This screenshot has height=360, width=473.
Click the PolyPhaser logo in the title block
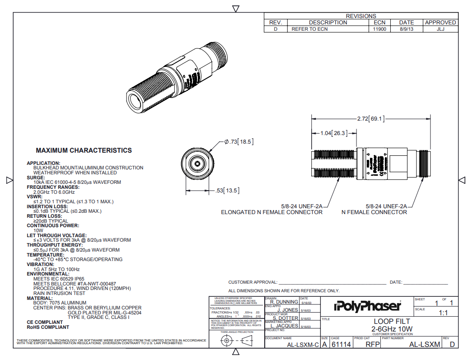click(x=367, y=306)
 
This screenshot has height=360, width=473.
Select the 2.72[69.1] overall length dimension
click(x=371, y=119)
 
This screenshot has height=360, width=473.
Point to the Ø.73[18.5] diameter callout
click(x=239, y=142)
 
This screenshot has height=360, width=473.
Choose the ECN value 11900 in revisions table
click(x=379, y=29)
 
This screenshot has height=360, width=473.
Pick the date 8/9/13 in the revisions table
click(x=406, y=29)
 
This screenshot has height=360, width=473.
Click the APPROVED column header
click(x=440, y=22)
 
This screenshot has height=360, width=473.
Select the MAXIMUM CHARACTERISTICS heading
click(x=84, y=150)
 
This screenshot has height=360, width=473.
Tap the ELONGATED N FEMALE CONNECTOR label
click(x=272, y=212)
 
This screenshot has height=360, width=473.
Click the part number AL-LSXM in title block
click(x=424, y=345)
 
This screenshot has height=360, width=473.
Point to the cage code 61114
click(x=341, y=345)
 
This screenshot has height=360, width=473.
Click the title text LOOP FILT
click(x=392, y=322)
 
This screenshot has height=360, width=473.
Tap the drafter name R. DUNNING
click(x=284, y=302)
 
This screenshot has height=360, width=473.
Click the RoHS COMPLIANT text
click(x=48, y=327)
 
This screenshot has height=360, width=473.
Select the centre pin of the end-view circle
click(x=197, y=164)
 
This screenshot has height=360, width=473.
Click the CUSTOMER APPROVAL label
click(x=253, y=282)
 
